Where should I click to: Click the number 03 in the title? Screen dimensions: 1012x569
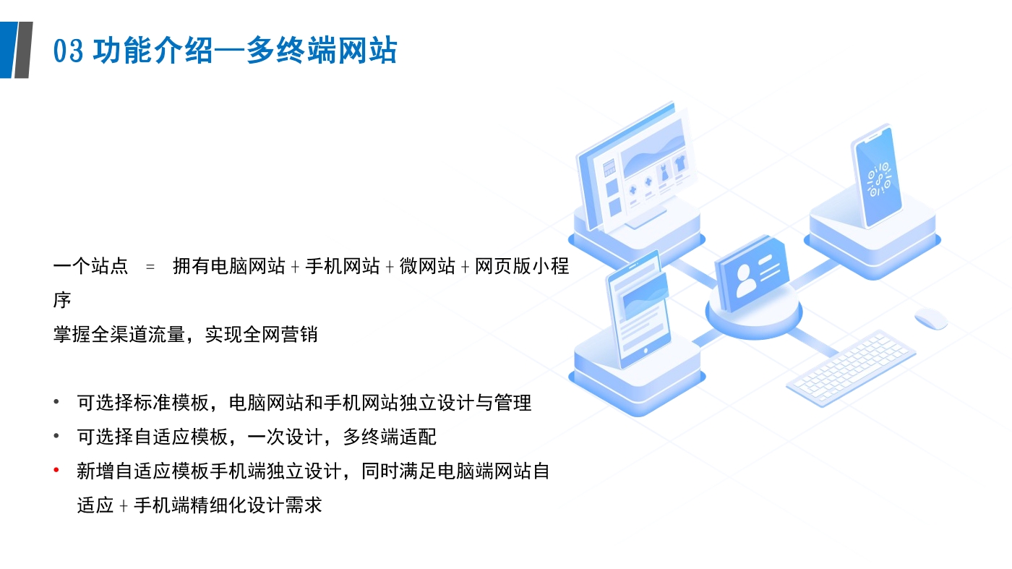point(68,51)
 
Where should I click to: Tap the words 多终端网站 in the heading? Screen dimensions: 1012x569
point(321,50)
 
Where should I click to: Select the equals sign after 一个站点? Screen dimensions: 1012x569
point(150,267)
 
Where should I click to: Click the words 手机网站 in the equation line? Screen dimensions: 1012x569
point(343,266)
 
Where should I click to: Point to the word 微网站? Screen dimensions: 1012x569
point(427,266)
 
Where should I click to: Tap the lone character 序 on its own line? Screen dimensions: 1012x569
point(62,300)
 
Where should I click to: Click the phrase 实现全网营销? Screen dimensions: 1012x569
point(261,335)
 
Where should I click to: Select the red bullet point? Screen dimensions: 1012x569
point(56,471)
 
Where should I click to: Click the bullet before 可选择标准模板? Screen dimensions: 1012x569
point(56,402)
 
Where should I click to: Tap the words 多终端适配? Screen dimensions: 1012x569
point(390,437)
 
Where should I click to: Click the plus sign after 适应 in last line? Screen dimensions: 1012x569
point(124,506)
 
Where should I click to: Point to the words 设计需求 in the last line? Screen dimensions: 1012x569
point(284,505)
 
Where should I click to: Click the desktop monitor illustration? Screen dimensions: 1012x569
point(636,166)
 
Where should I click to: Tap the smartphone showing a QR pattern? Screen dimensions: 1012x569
point(876,176)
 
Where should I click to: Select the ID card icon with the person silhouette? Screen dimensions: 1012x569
point(752,273)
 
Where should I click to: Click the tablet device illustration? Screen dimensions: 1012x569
point(638,310)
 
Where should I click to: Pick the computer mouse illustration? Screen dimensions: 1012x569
point(931,319)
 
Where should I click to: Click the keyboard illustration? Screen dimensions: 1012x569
point(852,368)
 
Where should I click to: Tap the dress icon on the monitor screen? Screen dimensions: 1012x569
point(664,173)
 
